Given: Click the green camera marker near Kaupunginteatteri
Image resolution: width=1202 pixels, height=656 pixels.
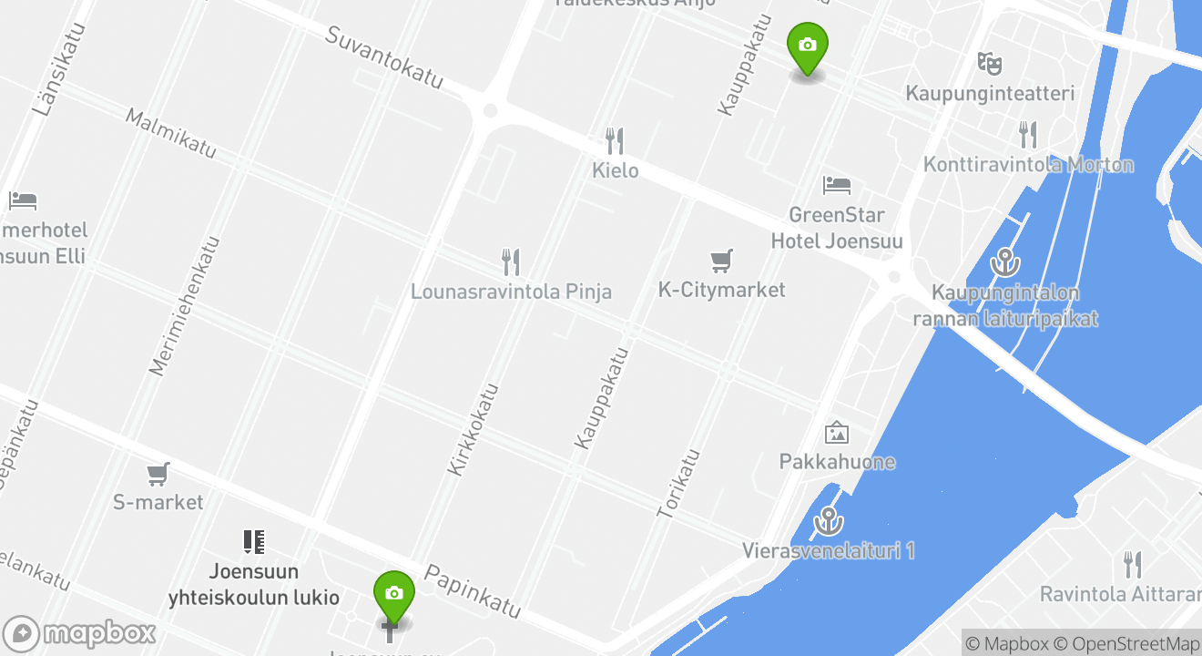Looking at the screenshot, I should [807, 46].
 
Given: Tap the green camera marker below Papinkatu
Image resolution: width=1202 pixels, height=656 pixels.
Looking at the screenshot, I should [393, 595].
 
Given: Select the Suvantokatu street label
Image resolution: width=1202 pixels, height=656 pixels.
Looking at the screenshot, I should [383, 57].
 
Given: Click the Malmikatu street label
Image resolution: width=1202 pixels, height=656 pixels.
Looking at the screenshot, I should [170, 133].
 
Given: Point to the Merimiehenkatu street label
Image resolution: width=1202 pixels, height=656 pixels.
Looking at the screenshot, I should [185, 306].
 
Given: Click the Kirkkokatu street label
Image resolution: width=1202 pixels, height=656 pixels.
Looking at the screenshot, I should [474, 428].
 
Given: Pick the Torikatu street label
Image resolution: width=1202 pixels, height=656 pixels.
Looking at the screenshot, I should [678, 483].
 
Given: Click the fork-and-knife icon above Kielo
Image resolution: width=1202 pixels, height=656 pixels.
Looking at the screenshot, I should [616, 141].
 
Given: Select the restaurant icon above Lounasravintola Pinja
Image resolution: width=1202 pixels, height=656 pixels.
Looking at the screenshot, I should [511, 262].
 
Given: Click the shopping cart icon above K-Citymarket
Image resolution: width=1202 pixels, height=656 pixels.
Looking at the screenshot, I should [721, 261].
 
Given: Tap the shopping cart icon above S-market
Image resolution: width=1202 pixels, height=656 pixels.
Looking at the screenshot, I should [158, 474].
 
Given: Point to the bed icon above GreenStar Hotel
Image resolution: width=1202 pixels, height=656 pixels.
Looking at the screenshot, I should [836, 185].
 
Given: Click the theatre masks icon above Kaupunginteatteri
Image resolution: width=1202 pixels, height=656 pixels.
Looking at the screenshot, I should [990, 64].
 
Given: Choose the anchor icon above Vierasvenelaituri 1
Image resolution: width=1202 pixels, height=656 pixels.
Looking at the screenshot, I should [828, 521].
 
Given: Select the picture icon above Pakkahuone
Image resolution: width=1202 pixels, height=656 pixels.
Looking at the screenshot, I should [836, 433].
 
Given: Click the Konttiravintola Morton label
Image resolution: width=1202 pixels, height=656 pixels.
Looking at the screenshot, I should [1028, 165].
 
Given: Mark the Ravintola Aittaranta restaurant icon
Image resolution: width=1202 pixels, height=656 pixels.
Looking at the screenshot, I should [1132, 565].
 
